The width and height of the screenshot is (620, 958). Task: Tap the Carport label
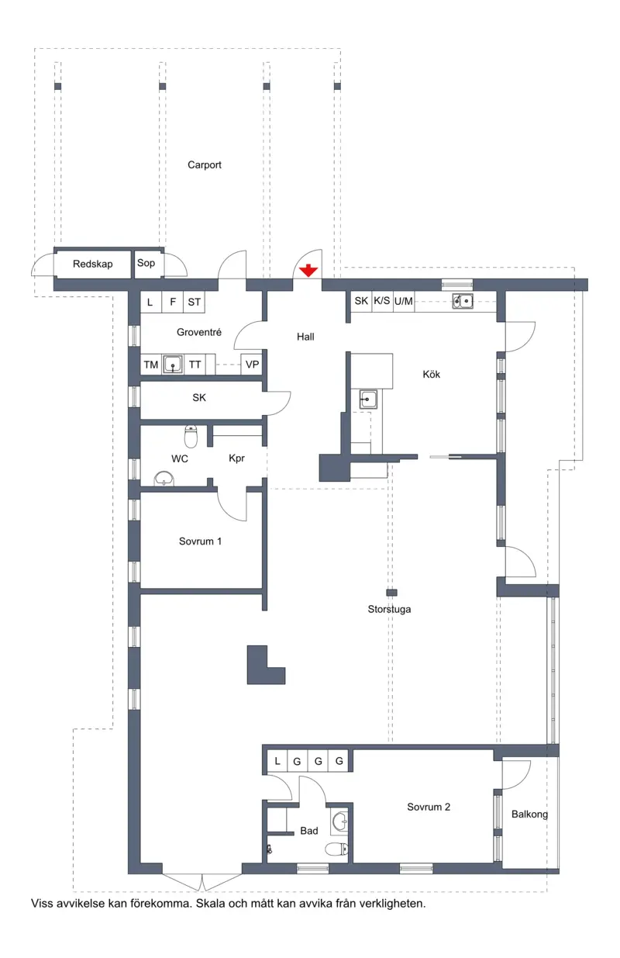(x=205, y=165)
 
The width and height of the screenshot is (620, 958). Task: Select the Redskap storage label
(x=93, y=264)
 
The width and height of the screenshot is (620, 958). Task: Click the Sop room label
(x=146, y=263)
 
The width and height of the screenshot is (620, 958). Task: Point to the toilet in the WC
(x=191, y=436)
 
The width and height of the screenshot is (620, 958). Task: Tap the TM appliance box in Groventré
(x=151, y=365)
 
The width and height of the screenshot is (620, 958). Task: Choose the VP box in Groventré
(x=252, y=365)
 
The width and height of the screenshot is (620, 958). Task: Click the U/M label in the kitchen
(x=403, y=302)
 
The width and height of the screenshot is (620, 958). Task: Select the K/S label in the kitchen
(x=382, y=301)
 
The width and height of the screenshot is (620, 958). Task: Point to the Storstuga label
(x=389, y=609)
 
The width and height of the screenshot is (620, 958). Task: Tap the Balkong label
(x=529, y=814)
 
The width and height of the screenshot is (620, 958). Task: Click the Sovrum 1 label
(x=200, y=541)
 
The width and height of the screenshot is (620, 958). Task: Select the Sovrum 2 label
(x=429, y=808)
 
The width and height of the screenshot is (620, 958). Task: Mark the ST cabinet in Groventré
(x=194, y=302)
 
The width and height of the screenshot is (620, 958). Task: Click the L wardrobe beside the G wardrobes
(x=277, y=761)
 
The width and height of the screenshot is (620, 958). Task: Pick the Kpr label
(x=236, y=458)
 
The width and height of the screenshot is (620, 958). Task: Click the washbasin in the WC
(x=164, y=479)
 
